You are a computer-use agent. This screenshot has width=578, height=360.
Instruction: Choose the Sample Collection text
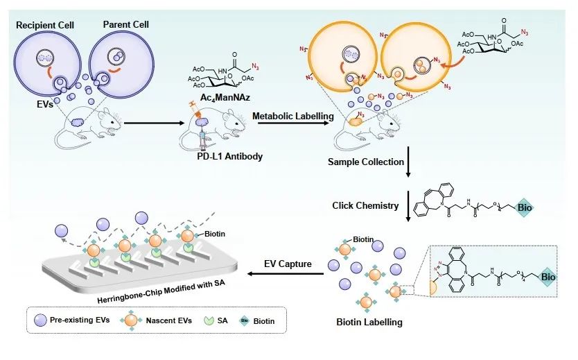365,162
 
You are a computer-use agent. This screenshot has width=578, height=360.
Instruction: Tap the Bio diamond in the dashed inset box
548,277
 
